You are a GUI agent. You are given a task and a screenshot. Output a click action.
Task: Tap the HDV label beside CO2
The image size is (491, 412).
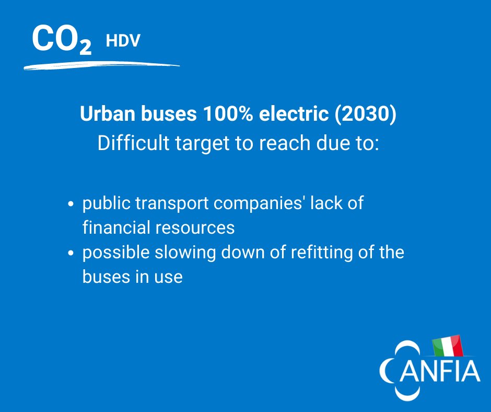click(x=123, y=41)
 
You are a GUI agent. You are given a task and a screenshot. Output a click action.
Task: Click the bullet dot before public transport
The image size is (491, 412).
click(x=72, y=205)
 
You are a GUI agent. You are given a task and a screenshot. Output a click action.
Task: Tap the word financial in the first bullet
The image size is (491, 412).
click(x=113, y=227)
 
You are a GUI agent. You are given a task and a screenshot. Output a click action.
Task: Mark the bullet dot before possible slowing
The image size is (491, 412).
click(x=72, y=254)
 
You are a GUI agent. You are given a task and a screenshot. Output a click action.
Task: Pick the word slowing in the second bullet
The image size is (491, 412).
click(x=178, y=253)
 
